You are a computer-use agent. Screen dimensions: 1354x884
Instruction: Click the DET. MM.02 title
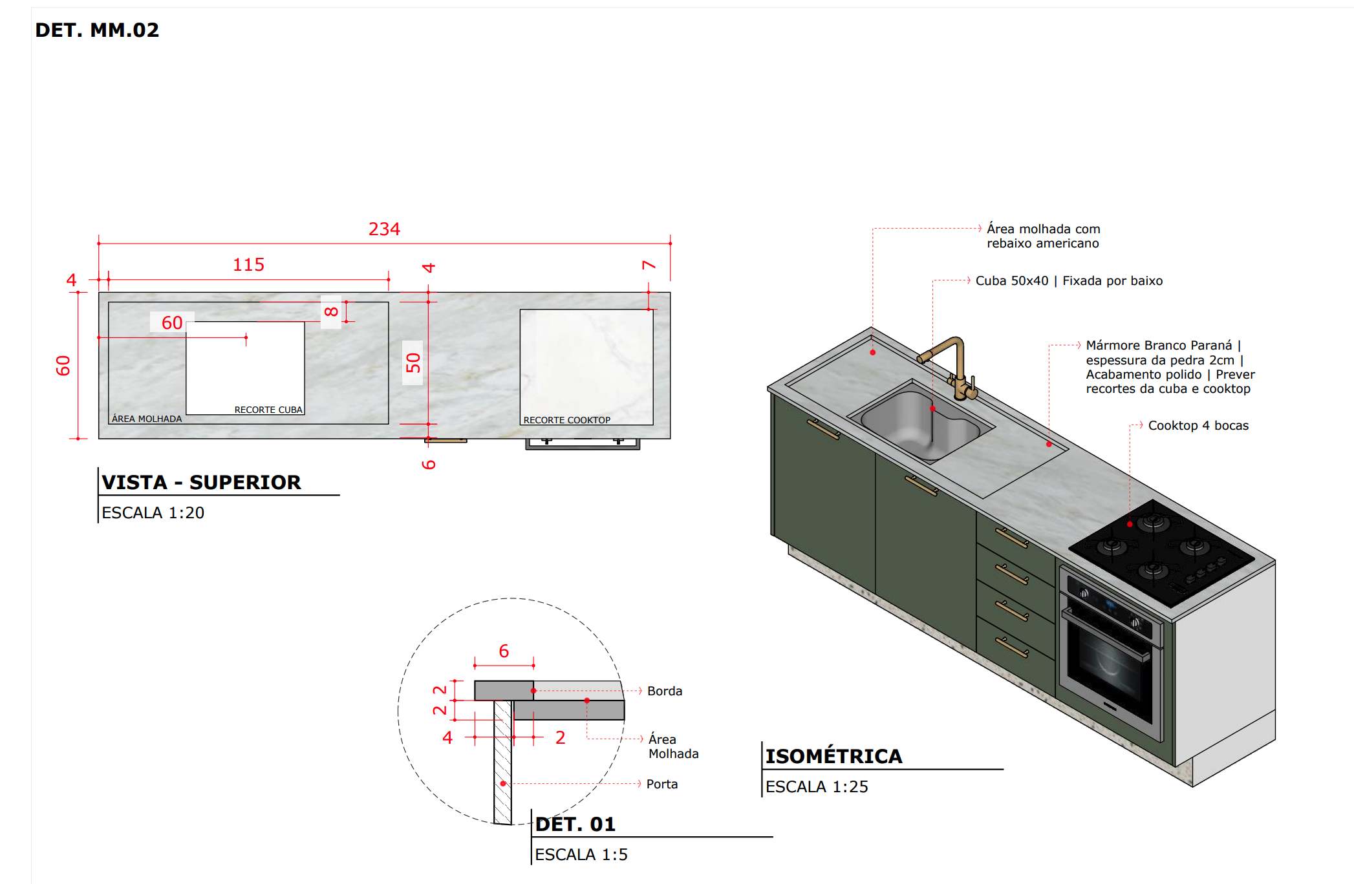[x=97, y=30]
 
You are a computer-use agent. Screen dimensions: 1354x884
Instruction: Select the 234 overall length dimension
[x=384, y=229]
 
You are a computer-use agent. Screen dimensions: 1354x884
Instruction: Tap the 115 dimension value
[x=248, y=264]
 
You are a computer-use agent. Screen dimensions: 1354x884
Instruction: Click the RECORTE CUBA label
[x=268, y=410]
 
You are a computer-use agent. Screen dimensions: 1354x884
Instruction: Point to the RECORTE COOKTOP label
[x=566, y=420]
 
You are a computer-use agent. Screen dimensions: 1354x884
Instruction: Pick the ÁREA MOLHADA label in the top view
[x=147, y=419]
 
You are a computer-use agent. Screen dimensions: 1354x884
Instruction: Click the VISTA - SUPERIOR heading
[x=201, y=482]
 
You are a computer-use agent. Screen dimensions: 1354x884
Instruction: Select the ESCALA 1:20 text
[x=153, y=512]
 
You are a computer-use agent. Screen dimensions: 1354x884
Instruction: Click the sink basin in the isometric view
[x=920, y=423]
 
